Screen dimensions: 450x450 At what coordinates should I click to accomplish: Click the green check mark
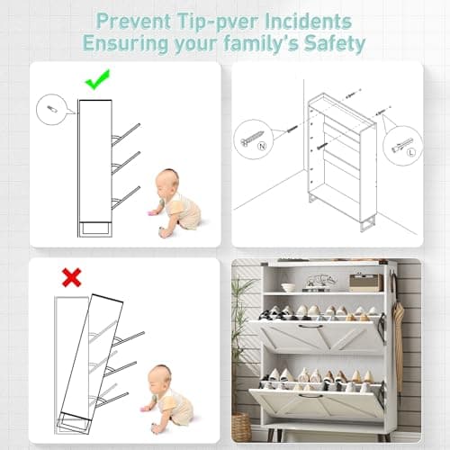(x=96, y=82)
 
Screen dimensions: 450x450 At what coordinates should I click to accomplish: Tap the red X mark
(x=71, y=277)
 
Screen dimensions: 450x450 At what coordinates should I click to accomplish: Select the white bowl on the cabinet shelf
(x=288, y=287)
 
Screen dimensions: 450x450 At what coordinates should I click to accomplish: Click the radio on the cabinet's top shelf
(x=365, y=282)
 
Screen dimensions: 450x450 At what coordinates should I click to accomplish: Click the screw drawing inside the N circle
(x=249, y=139)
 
